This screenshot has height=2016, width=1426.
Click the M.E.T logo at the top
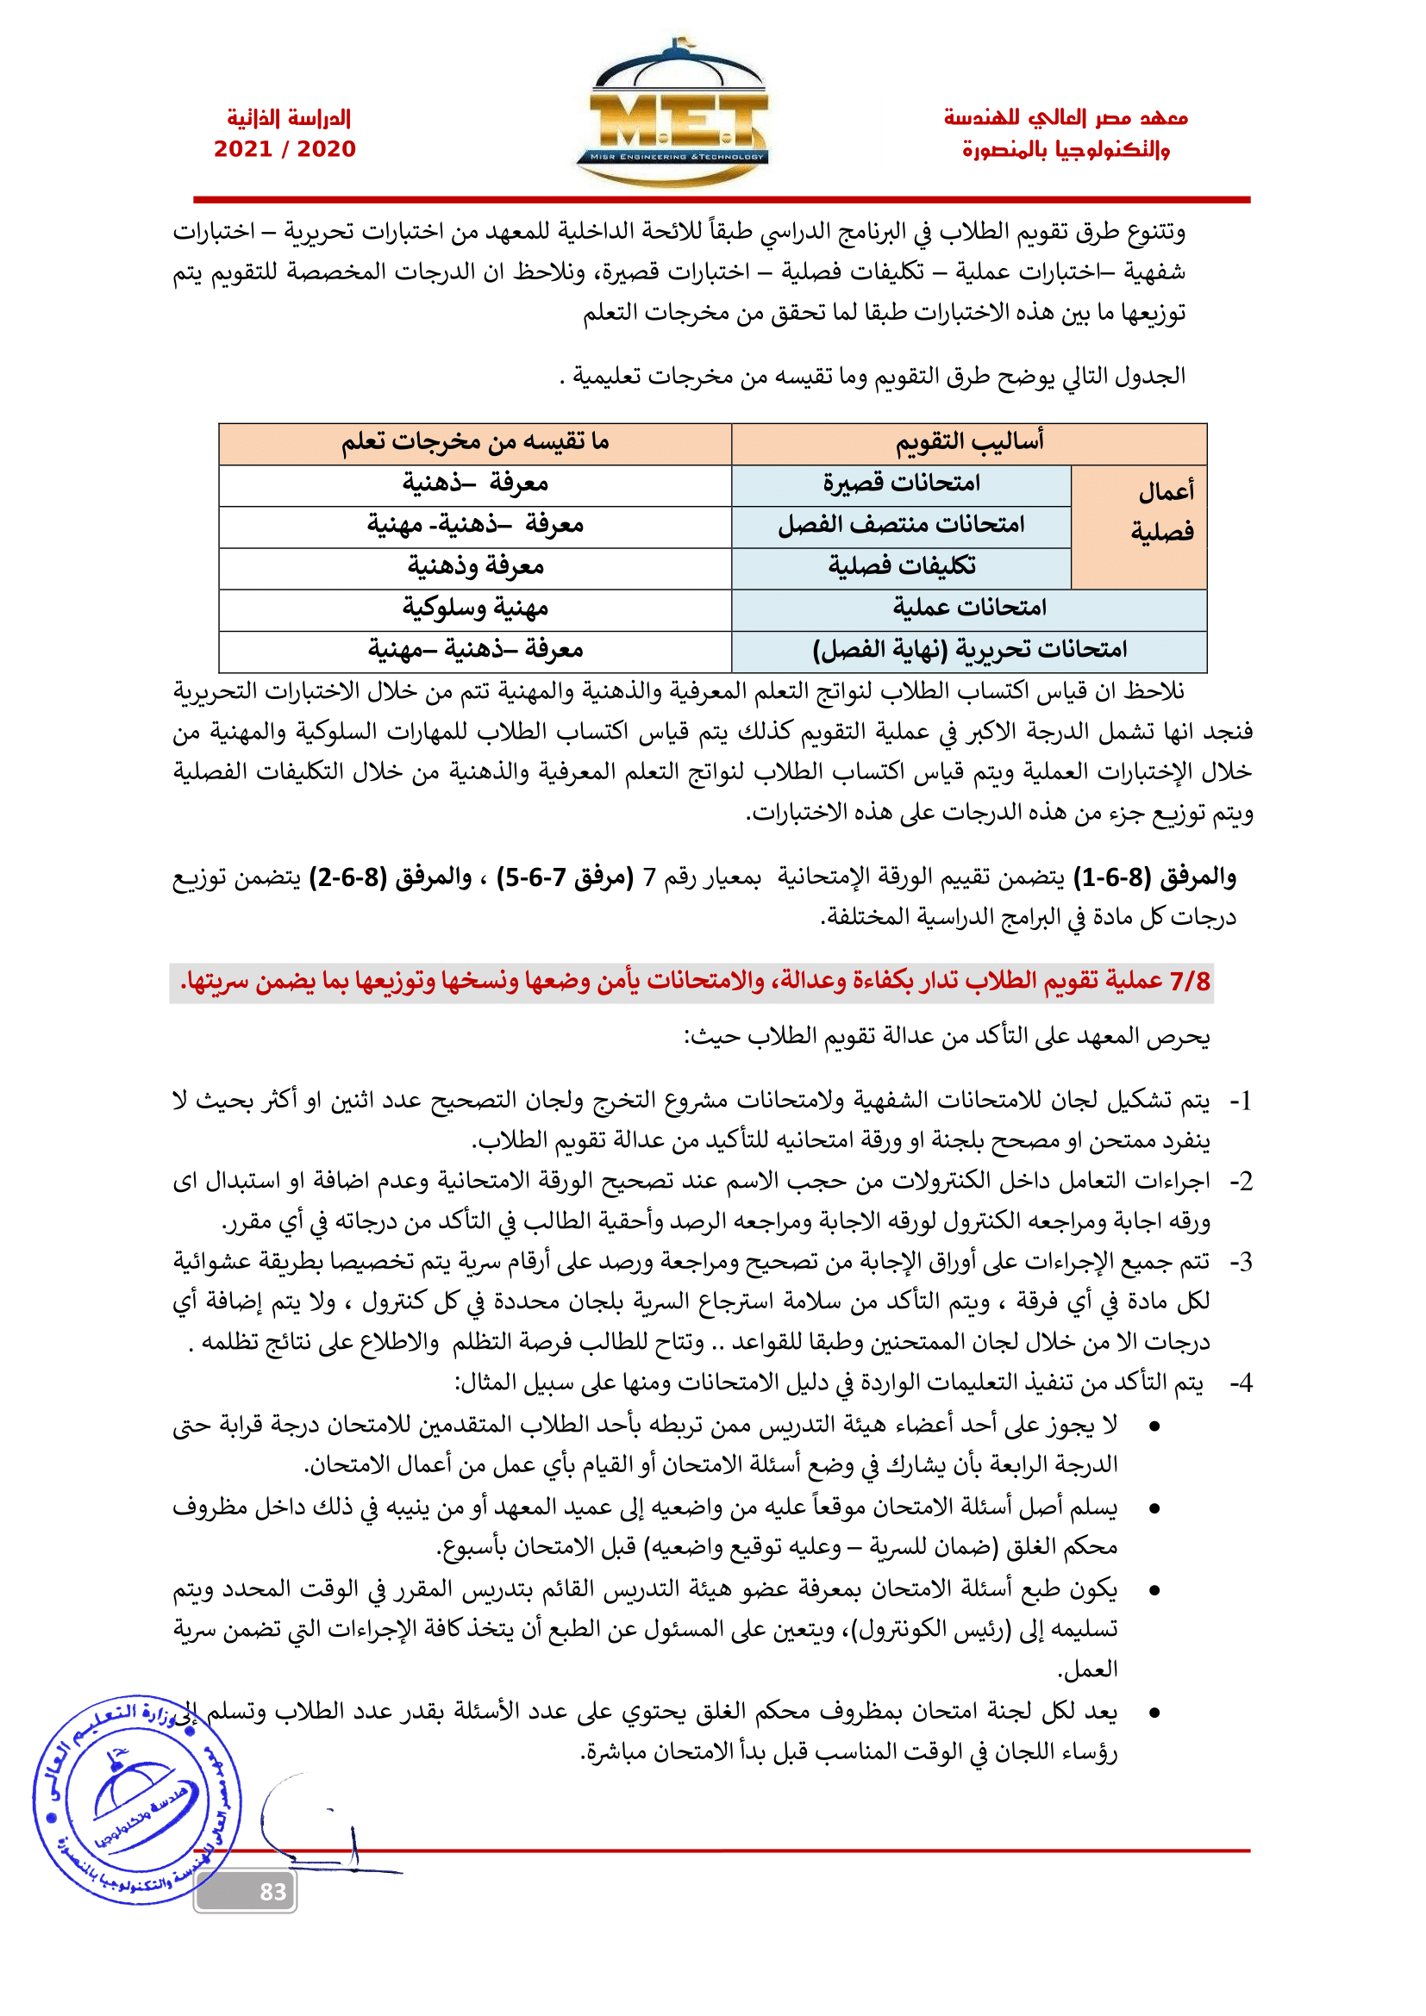tap(672, 114)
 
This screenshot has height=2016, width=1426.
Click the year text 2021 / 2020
tap(285, 149)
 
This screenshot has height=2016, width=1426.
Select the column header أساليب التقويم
tap(968, 442)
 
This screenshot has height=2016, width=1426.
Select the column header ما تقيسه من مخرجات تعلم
tap(475, 442)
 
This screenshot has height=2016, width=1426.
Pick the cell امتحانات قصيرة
tap(901, 484)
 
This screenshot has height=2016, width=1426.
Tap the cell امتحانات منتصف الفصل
tap(901, 525)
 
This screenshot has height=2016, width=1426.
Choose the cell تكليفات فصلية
tap(901, 566)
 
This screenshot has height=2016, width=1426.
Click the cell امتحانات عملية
tap(968, 608)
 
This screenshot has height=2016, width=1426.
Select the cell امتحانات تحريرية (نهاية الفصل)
tap(968, 650)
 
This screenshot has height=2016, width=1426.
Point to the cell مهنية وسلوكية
tap(475, 608)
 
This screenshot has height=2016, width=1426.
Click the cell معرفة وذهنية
tap(475, 566)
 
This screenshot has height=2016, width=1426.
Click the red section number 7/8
tap(1190, 981)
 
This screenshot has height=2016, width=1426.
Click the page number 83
tap(272, 1891)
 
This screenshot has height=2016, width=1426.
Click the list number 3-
tap(1240, 1263)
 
